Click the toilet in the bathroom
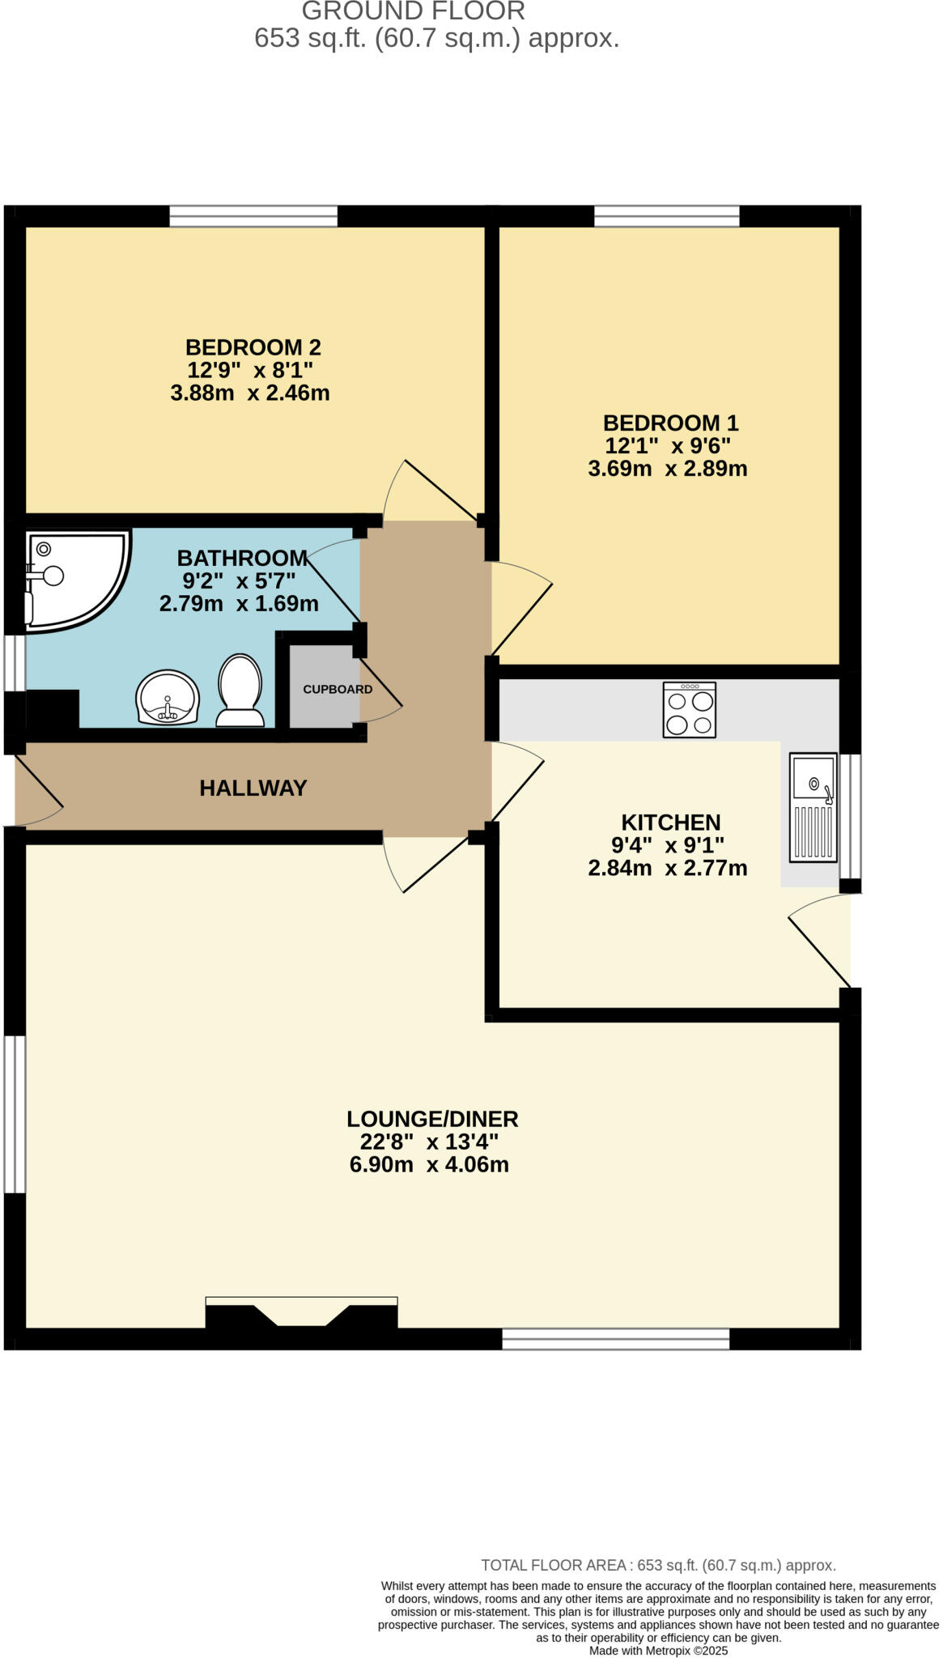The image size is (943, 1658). click(240, 691)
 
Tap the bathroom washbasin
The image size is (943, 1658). click(168, 697)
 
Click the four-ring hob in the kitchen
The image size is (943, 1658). click(689, 710)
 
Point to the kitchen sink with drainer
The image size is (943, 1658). click(813, 807)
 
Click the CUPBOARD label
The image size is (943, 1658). click(338, 690)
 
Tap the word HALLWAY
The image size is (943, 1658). click(253, 788)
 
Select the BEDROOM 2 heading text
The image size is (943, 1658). click(253, 347)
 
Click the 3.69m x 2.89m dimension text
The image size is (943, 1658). click(667, 469)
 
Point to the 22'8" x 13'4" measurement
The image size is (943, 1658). click(429, 1141)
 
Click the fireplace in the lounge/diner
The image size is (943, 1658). click(301, 1313)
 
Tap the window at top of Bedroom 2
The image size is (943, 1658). click(253, 216)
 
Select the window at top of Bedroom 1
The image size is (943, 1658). click(667, 216)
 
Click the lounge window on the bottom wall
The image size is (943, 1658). click(615, 1339)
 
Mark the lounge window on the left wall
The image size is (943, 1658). click(15, 1114)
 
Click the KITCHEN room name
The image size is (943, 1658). click(670, 823)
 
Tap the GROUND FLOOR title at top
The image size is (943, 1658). click(414, 11)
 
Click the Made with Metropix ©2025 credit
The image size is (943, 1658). click(658, 1651)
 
